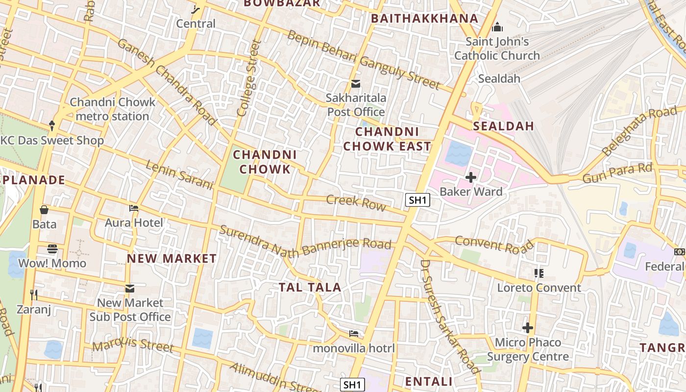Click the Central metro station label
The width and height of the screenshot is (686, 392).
196,23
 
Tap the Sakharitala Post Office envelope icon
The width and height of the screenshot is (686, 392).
356,84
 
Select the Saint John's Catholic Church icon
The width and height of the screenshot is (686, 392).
497,27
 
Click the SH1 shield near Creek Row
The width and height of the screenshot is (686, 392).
418,200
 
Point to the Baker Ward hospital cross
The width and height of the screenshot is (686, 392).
471,177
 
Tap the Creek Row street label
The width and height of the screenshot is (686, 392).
356,202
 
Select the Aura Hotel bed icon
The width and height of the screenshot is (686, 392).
134,208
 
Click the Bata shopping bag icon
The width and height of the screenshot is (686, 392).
44,210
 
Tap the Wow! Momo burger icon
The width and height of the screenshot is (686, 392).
52,249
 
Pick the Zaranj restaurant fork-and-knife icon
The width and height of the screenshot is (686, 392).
34,294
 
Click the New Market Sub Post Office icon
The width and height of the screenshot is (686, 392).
129,289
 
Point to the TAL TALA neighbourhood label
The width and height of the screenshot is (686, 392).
310,288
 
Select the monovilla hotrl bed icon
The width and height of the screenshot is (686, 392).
354,334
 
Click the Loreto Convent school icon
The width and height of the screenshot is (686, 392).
539,273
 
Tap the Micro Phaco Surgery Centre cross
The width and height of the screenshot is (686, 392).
528,328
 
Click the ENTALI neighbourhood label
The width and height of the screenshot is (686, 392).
429,381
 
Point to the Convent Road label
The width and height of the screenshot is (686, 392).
494,245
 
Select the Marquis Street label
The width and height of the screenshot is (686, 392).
133,345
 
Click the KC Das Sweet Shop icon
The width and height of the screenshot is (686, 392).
52,126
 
